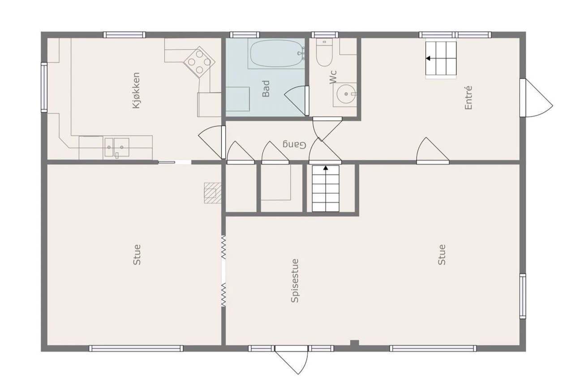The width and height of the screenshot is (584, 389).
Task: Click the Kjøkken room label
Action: coord(136,90)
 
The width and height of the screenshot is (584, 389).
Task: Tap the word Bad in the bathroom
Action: coord(266,89)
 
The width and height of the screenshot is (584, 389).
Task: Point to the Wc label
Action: coord(333,77)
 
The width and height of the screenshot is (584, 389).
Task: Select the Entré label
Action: coord(468,98)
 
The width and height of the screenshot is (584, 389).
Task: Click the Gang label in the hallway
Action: coord(294,145)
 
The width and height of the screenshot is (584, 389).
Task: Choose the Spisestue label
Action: coord(295,281)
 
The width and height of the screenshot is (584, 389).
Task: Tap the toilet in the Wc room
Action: coord(324,52)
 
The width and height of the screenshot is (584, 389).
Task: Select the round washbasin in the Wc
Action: coord(346,94)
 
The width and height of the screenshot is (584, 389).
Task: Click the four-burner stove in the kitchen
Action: coord(199,62)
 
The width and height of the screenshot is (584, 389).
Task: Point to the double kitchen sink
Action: coord(117,148)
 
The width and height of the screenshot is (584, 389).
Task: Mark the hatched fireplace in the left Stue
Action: coord(212,193)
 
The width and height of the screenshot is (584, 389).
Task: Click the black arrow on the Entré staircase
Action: coord(428,58)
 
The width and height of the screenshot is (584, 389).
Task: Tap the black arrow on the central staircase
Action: coord(326,168)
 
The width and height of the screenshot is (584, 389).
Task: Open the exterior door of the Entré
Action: coord(536,98)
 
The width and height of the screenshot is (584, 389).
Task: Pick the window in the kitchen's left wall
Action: coord(44,88)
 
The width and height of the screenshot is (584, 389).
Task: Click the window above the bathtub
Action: coord(244,34)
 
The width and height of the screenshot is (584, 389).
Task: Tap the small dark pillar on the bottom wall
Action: coord(354,343)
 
